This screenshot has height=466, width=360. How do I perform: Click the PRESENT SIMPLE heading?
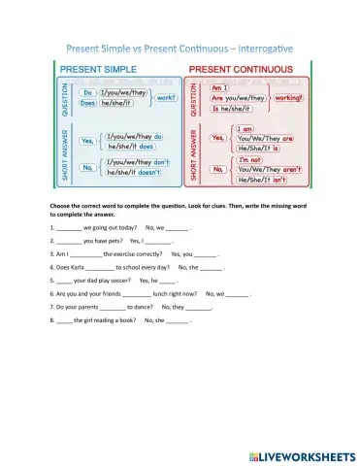point(105,69)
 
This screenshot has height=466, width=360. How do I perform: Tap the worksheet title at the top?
point(180,46)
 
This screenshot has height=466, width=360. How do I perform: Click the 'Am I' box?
point(224,85)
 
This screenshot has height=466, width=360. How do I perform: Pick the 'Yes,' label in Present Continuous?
point(219,138)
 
